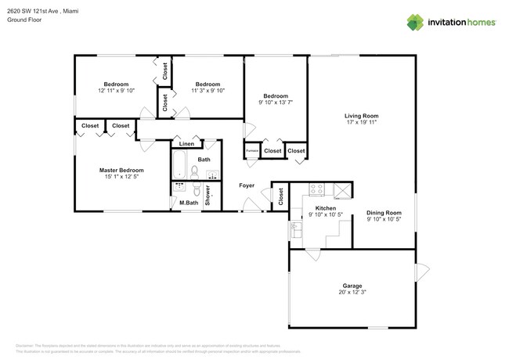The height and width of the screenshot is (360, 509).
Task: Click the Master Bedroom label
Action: point(121,170)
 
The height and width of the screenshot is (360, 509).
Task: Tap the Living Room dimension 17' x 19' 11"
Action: point(361,122)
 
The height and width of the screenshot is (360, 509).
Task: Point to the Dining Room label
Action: point(384,212)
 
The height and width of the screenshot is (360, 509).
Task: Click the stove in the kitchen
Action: point(317,189)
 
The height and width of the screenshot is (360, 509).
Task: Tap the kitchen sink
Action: point(297,229)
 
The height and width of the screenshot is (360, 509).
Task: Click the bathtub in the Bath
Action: point(179,165)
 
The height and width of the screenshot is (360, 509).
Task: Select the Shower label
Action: point(208,196)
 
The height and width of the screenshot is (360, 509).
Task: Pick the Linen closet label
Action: point(186,145)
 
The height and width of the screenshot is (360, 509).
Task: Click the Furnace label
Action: point(252,151)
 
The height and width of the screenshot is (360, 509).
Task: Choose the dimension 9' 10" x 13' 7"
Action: point(276,103)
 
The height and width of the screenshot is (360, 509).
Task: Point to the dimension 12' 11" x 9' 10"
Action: point(116,91)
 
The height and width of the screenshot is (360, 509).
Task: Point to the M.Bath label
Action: point(188,203)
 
